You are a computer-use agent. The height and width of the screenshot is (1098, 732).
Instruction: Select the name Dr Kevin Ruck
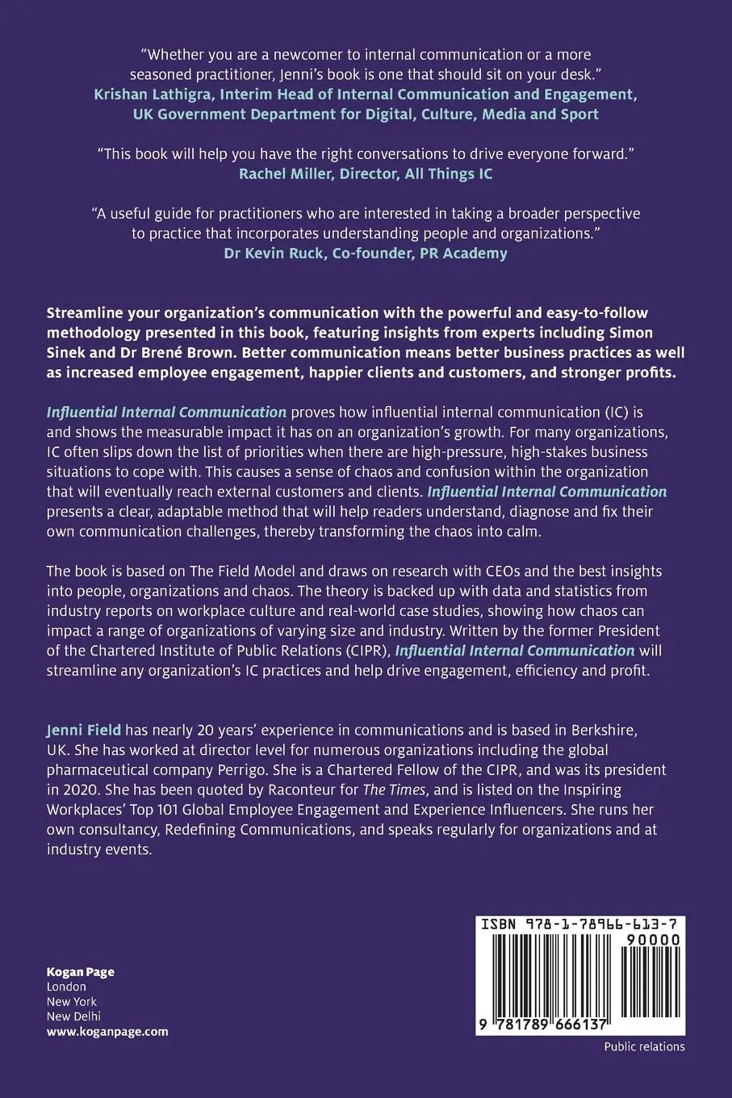pyautogui.click(x=268, y=253)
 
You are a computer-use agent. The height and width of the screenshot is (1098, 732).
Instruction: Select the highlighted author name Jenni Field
pyautogui.click(x=84, y=730)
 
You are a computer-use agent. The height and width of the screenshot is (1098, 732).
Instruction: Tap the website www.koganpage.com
pyautogui.click(x=107, y=1031)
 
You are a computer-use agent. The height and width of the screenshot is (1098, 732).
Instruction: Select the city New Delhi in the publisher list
pyautogui.click(x=74, y=1016)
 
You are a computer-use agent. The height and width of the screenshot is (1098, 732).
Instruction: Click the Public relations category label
pyautogui.click(x=644, y=1046)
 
